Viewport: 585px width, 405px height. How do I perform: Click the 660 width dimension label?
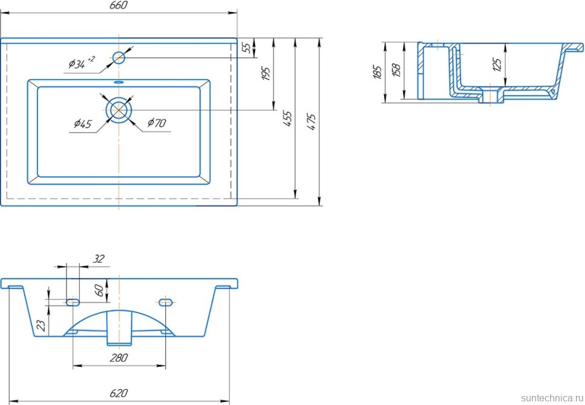coord(119,5)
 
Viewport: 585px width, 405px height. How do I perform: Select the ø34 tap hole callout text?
coord(81,63)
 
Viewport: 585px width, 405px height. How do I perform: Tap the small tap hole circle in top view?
coord(119,58)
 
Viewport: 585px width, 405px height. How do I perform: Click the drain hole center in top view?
coord(119,110)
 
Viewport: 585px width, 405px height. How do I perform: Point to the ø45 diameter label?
coord(83,124)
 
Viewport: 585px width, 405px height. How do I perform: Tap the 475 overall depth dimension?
coord(311,122)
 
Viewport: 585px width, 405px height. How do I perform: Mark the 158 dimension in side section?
coord(396,71)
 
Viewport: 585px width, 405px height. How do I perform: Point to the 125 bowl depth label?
coord(497,64)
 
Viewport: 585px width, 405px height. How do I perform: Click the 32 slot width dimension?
coord(99,259)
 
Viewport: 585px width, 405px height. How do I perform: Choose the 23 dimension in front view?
coord(40,326)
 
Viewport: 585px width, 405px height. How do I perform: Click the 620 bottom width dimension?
coord(119,393)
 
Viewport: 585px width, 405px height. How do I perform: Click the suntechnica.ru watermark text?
coord(549,398)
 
